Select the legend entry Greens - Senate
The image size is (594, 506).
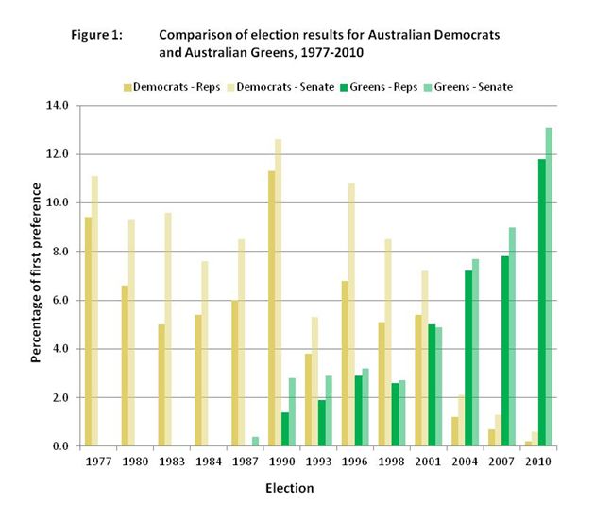(473, 87)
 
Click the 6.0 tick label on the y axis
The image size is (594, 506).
(60, 300)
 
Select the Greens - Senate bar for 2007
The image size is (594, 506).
(512, 337)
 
